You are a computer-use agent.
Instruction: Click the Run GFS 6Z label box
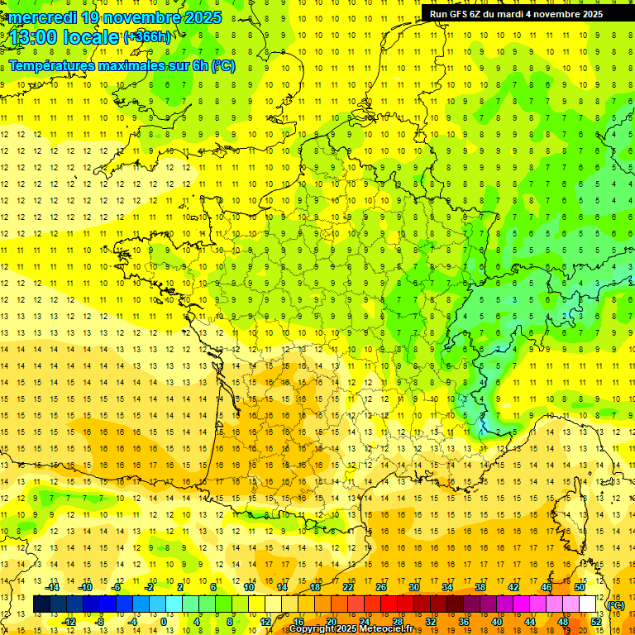click(516, 13)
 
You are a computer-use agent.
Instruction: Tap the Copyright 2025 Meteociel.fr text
click(351, 629)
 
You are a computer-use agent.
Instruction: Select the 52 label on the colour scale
click(595, 622)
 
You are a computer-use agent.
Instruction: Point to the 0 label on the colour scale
click(163, 622)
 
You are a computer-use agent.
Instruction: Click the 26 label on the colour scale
click(381, 587)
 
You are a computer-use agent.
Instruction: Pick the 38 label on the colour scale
click(480, 587)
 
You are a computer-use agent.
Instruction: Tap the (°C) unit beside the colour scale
click(615, 605)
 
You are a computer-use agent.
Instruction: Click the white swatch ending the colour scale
click(588, 604)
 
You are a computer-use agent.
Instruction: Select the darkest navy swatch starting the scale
click(41, 604)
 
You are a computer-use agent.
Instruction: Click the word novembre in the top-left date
click(143, 17)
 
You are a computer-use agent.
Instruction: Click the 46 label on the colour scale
click(547, 587)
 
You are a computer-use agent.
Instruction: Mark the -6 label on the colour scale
click(117, 587)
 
